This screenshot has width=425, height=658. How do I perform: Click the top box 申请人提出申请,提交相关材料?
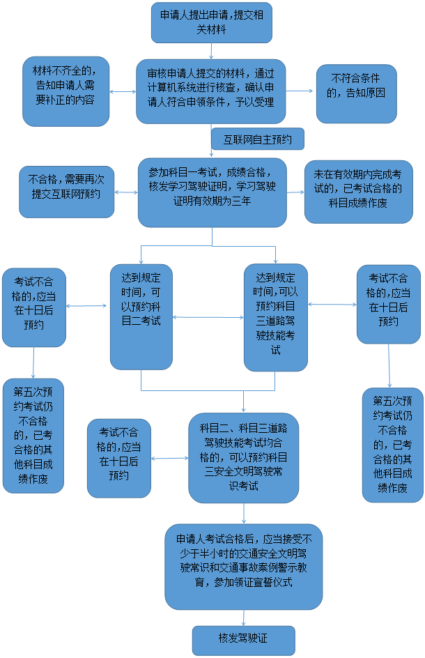211,22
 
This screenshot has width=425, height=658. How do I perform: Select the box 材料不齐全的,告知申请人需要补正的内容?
65,91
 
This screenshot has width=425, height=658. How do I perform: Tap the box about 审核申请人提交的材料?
210,91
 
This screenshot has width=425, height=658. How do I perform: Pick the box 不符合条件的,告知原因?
356,93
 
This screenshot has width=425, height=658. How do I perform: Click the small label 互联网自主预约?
257,139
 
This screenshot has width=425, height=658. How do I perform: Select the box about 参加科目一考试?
212,192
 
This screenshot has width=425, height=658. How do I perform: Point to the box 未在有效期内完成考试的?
358,191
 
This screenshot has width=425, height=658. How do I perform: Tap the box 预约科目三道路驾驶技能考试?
275,317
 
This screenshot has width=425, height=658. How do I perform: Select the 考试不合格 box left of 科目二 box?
33,307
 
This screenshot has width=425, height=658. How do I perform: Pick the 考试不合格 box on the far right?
388,304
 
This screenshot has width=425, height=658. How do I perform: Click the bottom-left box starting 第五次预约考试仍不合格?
33,435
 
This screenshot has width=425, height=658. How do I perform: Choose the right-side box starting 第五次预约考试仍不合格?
392,444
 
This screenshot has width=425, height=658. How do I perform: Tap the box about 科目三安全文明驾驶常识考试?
243,457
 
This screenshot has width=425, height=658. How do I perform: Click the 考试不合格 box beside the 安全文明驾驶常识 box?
118,457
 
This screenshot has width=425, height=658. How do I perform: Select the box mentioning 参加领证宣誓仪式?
243,566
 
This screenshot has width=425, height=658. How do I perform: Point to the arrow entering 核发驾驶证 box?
243,618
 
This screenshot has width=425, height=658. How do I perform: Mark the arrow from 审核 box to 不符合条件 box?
301,91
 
